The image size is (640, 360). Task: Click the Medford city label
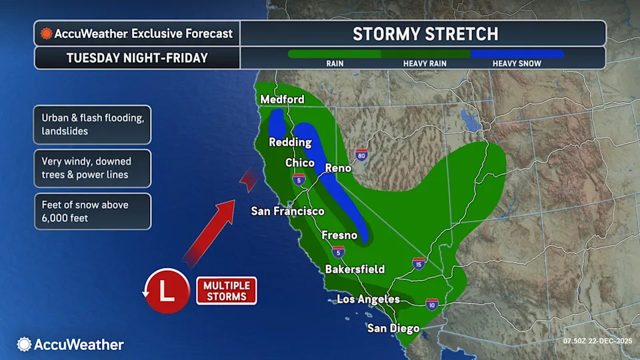point(282,99)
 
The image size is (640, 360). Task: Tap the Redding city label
point(290,142)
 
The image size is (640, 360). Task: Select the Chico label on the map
point(300,163)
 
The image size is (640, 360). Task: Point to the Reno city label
point(338,168)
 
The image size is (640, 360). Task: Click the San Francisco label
point(287,211)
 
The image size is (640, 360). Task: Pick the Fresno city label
point(339,235)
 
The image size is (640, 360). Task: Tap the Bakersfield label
point(355,269)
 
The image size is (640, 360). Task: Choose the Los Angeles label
point(368,299)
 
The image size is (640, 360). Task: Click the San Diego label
point(393,328)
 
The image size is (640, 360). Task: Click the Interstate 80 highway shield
point(361,155)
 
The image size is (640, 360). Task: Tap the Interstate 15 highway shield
point(418,263)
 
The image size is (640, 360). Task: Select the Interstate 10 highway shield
point(432,304)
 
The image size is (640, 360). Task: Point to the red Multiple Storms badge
point(226,291)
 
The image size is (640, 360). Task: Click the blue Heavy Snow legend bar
point(517,54)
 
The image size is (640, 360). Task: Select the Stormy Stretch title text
point(425,33)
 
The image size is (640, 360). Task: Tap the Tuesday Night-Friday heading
point(137,58)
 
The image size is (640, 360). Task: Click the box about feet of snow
point(93,211)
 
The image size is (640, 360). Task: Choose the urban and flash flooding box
point(93,124)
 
